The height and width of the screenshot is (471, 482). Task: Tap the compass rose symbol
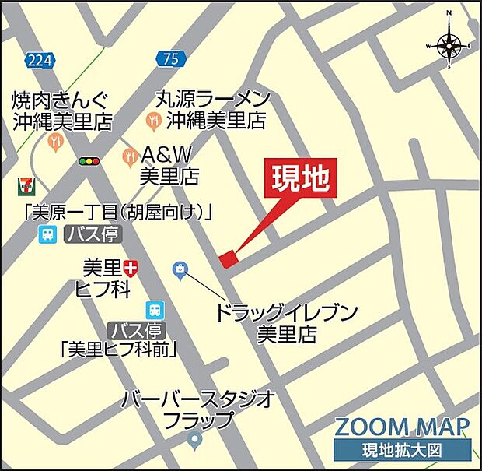449,45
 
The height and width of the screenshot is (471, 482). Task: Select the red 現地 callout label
303,181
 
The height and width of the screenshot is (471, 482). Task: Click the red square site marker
227,258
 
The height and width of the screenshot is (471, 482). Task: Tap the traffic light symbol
89,160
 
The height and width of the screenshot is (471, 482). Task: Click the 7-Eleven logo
25,186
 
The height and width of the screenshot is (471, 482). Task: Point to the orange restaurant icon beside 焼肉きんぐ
54,141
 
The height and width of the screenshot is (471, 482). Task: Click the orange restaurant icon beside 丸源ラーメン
154,121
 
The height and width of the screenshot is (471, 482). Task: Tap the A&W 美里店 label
169,165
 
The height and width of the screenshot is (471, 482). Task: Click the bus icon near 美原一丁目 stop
48,234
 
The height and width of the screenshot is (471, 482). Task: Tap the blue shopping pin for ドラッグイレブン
180,270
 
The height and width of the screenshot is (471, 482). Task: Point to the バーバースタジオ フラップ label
199,409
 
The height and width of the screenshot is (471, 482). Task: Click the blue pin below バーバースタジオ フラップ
196,441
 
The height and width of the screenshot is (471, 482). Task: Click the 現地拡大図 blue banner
402,451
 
